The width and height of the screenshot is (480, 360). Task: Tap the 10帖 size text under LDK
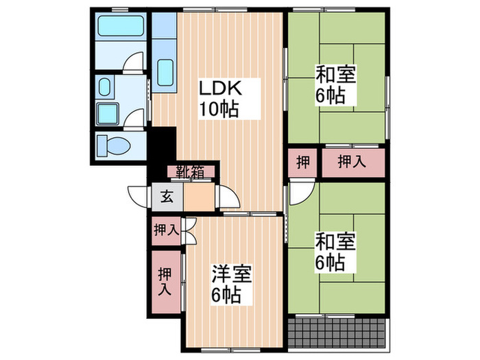click(x=219, y=110)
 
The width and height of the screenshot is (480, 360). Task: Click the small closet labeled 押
click(x=302, y=163)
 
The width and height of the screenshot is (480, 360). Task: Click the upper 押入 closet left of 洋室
click(x=165, y=230)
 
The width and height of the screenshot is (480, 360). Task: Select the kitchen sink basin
click(x=165, y=71)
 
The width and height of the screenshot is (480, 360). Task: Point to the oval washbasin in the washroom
click(x=104, y=87)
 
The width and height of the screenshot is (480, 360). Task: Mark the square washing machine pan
click(x=108, y=113)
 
